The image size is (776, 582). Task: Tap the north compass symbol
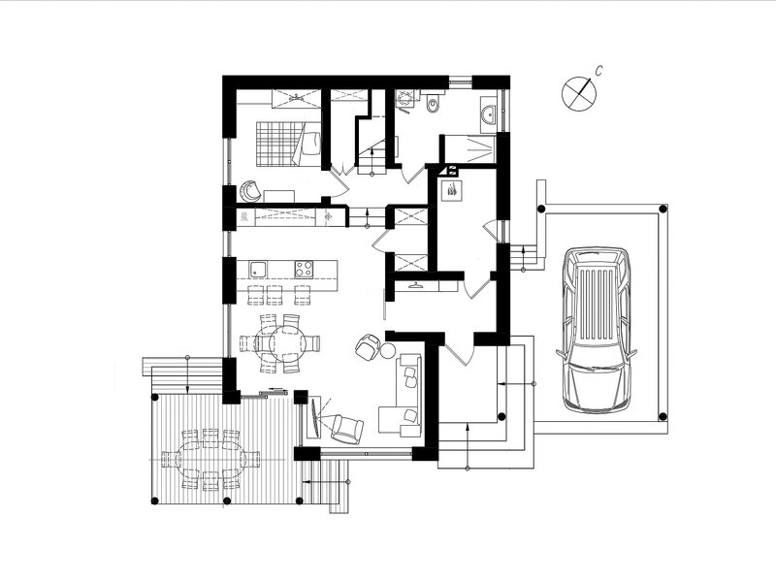click(578, 92)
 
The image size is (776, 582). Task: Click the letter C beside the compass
click(598, 71)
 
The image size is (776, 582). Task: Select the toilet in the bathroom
click(434, 102)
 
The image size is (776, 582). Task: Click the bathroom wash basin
click(489, 114)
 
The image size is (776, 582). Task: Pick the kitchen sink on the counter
click(258, 270)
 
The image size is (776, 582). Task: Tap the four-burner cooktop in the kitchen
click(304, 270)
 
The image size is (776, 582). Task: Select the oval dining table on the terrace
click(210, 460)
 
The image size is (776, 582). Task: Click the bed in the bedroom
click(288, 143)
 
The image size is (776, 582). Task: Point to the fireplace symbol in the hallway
click(453, 190)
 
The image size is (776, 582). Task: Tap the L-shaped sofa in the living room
click(401, 395)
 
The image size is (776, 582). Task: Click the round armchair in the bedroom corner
click(250, 191)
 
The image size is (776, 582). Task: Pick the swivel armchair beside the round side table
click(368, 346)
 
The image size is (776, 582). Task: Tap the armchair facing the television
click(346, 429)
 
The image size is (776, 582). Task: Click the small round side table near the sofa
click(387, 350)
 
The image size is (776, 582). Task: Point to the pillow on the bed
click(311, 144)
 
